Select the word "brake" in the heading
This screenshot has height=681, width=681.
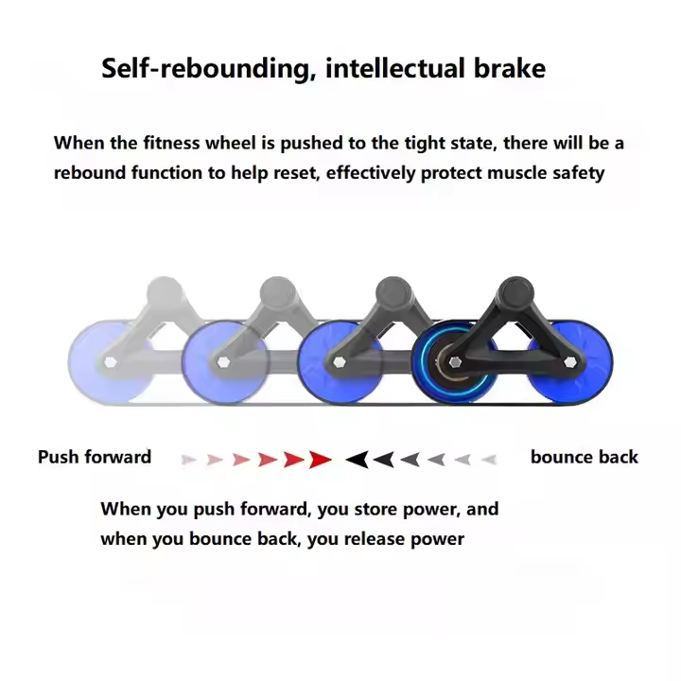pyautogui.click(x=512, y=69)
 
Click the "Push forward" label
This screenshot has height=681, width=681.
pyautogui.click(x=95, y=458)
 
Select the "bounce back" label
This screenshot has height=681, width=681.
pyautogui.click(x=585, y=458)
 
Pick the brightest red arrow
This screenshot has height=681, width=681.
pyautogui.click(x=321, y=460)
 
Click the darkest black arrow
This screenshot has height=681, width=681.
pyautogui.click(x=357, y=460)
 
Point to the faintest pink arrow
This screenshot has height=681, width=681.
pyautogui.click(x=189, y=460)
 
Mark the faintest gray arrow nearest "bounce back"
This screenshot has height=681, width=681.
pyautogui.click(x=488, y=460)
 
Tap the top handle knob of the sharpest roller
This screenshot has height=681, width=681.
pyautogui.click(x=514, y=291)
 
